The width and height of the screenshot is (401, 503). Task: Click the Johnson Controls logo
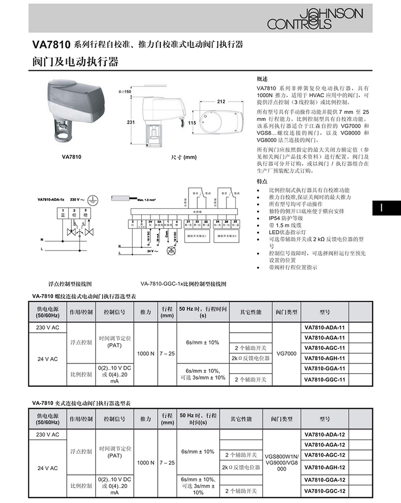[315, 18]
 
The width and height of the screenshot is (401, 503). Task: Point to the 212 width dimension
[221, 102]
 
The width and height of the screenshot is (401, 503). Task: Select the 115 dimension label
[192, 123]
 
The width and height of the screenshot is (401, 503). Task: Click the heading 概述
[262, 79]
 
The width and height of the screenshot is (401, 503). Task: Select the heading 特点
[262, 181]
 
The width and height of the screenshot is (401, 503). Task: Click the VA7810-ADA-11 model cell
[324, 327]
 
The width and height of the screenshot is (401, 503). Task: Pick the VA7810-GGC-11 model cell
[324, 380]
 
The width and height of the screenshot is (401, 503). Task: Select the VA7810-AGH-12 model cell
[324, 467]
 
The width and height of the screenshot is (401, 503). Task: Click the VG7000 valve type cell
[286, 354]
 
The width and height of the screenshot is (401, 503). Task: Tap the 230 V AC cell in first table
[47, 327]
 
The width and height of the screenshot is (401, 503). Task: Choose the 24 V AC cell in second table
[47, 468]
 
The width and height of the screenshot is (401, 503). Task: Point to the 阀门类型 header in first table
[286, 312]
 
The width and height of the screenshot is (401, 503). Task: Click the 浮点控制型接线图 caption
[70, 284]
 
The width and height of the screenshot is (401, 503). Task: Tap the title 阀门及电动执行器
[76, 62]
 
